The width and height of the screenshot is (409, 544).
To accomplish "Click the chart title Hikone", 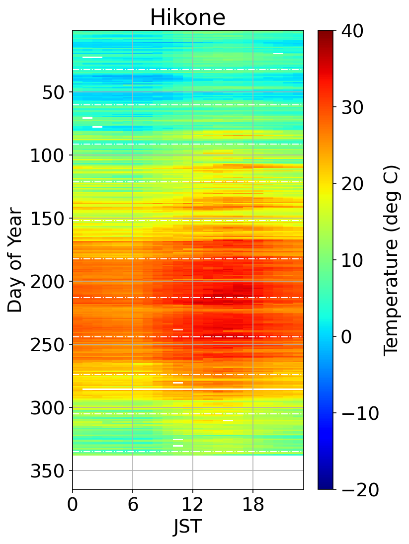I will pyautogui.click(x=188, y=18).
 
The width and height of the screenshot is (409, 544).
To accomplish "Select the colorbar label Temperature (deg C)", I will pyautogui.click(x=392, y=260).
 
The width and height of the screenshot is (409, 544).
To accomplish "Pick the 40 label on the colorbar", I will pyautogui.click(x=351, y=31).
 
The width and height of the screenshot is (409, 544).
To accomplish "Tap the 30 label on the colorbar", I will pyautogui.click(x=351, y=107).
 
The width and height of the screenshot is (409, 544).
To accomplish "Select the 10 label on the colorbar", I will pyautogui.click(x=351, y=260).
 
